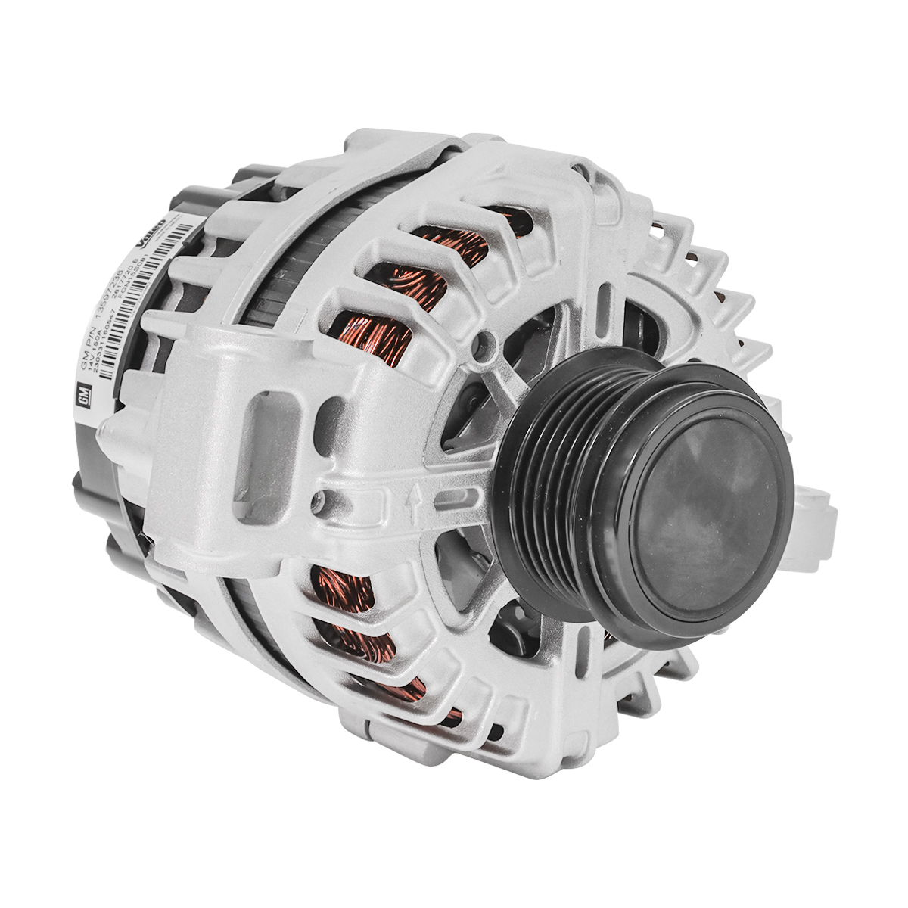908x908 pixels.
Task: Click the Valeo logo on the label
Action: point(152,235)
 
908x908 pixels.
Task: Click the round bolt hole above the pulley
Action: point(476,349)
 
